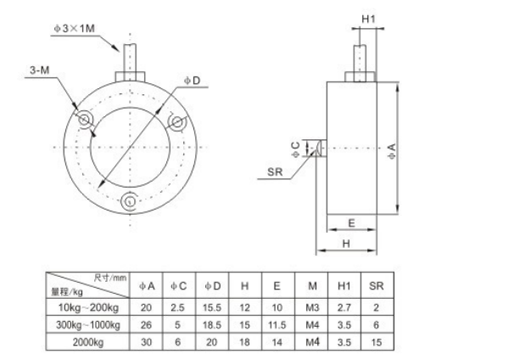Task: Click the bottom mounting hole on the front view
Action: tap(130, 201)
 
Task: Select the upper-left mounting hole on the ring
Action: tap(86, 121)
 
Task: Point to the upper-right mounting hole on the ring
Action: tap(176, 122)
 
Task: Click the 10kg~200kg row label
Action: tap(90, 307)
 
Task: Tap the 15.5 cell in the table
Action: tap(214, 307)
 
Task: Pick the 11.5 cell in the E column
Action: tap(277, 323)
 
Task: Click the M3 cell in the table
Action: tap(310, 307)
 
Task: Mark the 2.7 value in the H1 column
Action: tap(343, 307)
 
